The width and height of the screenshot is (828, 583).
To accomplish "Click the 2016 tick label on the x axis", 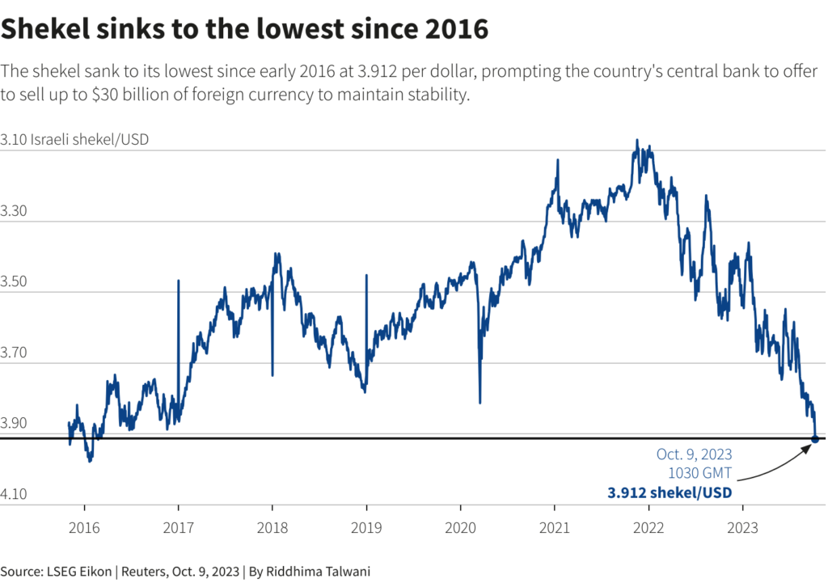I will [x=84, y=529].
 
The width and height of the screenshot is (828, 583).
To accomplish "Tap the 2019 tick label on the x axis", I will [x=366, y=529].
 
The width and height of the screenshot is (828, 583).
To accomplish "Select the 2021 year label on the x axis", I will [x=555, y=529].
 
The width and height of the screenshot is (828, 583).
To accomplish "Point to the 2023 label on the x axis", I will [x=743, y=529].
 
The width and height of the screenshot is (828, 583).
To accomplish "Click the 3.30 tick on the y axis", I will [x=15, y=211].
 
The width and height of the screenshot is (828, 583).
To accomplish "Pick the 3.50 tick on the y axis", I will [x=15, y=281].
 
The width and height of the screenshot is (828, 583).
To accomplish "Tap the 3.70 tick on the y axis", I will [x=15, y=353].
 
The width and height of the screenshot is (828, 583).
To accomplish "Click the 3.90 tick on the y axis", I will [x=15, y=423].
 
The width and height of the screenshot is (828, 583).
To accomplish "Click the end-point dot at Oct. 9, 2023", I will [x=814, y=439].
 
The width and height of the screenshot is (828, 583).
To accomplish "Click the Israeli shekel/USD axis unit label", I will [x=90, y=140].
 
